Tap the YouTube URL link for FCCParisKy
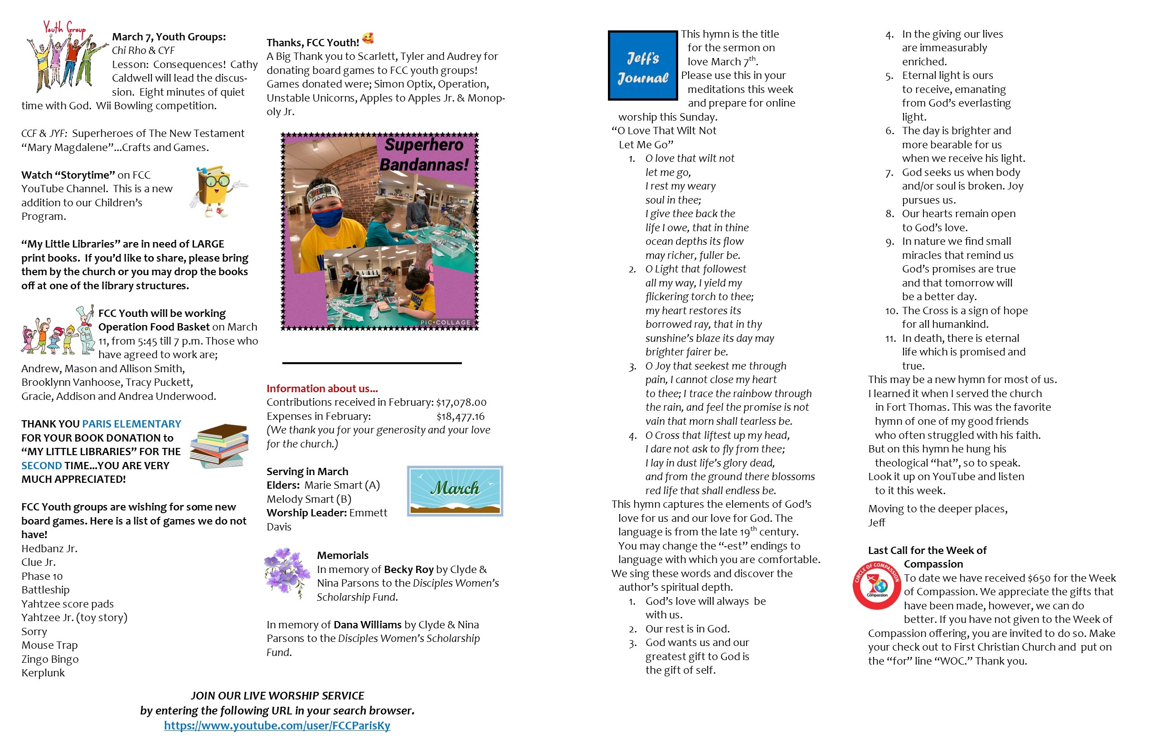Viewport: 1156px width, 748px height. point(277,725)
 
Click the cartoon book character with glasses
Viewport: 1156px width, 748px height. point(217,191)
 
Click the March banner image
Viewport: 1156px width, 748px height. point(455,491)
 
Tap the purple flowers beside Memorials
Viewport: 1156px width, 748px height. point(287,573)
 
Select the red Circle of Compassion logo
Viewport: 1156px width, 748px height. point(877,585)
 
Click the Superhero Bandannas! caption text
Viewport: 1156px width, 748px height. point(424,155)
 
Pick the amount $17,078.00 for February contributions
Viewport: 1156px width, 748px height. point(461,402)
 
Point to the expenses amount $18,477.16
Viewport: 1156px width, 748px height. point(461,416)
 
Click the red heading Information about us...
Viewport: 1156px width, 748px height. point(322,389)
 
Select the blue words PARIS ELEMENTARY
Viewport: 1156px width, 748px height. point(131,423)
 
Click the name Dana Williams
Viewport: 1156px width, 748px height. point(367,625)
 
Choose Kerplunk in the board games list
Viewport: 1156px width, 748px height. point(43,673)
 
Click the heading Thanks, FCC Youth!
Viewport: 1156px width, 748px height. point(313,43)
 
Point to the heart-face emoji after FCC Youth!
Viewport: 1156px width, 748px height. point(368,39)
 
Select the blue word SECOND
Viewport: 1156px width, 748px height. point(41,465)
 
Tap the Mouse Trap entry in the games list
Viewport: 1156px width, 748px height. point(49,645)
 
